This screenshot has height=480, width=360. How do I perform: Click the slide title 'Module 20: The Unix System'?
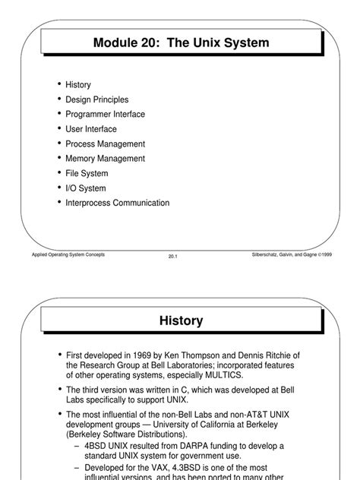pyautogui.click(x=181, y=43)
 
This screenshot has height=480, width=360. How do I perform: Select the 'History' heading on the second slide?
pyautogui.click(x=181, y=321)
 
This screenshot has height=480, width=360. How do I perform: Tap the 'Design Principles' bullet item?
pyautogui.click(x=96, y=99)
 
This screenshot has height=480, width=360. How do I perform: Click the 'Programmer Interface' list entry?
pyautogui.click(x=105, y=114)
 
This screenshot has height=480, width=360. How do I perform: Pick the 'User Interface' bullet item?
pyautogui.click(x=91, y=129)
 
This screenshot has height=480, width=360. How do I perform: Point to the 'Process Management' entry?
pyautogui.click(x=105, y=144)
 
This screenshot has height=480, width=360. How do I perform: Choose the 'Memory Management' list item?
pyautogui.click(x=105, y=159)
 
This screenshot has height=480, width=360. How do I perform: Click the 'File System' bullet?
pyautogui.click(x=86, y=173)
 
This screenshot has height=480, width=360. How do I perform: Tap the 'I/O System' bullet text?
pyautogui.click(x=86, y=188)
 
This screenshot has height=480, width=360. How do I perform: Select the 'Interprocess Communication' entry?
pyautogui.click(x=117, y=203)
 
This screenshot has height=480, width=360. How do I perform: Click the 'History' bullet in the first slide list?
pyautogui.click(x=78, y=84)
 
